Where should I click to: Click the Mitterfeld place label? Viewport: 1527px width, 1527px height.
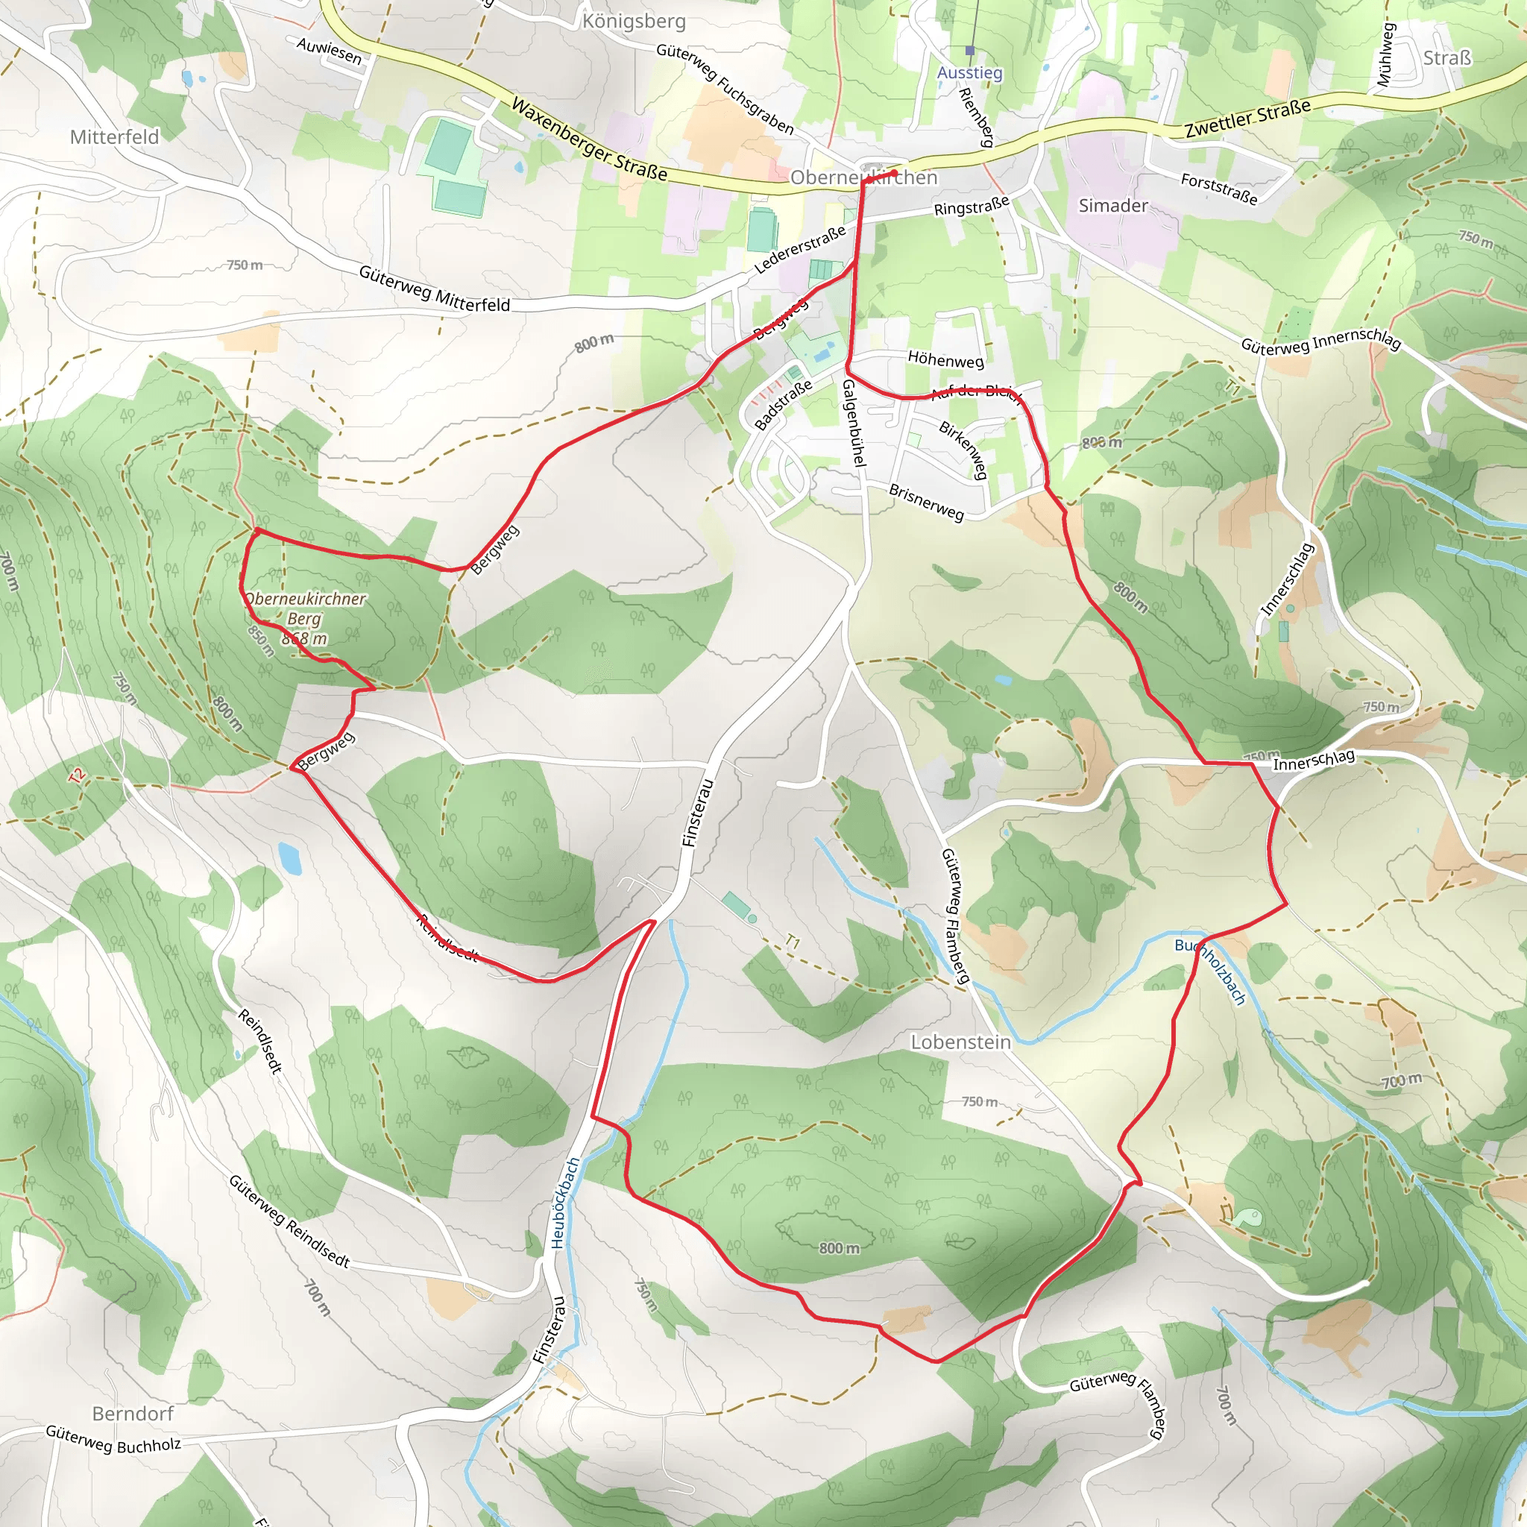point(115,136)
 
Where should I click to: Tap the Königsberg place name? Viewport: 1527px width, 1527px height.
point(634,22)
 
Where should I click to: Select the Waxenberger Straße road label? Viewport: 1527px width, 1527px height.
point(590,139)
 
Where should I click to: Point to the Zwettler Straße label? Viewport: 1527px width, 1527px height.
point(1248,119)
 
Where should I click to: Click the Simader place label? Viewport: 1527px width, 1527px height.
point(1113,206)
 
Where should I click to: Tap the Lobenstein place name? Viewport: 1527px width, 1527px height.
point(960,1042)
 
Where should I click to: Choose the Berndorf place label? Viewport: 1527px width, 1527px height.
point(133,1413)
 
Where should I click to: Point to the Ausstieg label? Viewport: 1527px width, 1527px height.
point(970,73)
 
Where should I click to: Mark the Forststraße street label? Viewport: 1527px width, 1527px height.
point(1219,189)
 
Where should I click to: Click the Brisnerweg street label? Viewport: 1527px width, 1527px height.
point(926,503)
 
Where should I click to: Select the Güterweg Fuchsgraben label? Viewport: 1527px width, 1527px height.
point(725,89)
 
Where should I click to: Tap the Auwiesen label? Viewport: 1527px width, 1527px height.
point(330,51)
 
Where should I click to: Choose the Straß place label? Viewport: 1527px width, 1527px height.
point(1447,57)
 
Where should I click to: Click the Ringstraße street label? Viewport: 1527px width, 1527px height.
point(972,207)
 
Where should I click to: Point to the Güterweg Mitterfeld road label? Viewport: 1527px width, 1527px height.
point(434,289)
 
